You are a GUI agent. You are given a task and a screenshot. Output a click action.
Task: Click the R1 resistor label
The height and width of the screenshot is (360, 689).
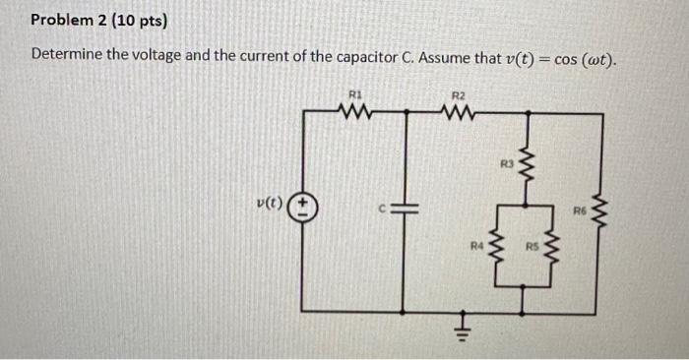[355, 94]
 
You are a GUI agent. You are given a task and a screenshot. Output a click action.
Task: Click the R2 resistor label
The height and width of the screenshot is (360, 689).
[457, 94]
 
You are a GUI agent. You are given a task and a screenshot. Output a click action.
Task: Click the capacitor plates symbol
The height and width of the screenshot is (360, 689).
[407, 210]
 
